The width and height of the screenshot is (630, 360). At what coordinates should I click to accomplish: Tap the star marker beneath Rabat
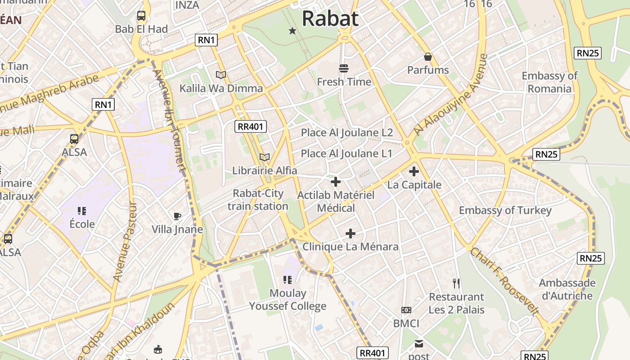[292, 31]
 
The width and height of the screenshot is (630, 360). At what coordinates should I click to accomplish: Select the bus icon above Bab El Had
[141, 16]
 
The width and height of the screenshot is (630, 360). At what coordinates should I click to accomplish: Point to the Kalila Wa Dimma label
[221, 88]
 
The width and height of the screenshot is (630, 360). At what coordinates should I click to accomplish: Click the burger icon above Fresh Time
[344, 68]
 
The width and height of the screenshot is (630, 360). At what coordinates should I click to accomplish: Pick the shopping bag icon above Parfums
[428, 57]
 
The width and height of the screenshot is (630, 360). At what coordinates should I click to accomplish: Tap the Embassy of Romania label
[549, 82]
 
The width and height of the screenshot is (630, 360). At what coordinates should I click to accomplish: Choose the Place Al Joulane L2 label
[347, 133]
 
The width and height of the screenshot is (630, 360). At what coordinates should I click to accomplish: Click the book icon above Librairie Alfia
[265, 157]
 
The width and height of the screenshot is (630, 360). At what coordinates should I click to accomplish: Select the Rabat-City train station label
[258, 200]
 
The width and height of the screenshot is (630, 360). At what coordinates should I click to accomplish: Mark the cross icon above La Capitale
[414, 171]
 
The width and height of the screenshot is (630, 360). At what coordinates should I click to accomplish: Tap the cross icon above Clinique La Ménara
[351, 234]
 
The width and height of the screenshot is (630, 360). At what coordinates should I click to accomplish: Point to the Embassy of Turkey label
[505, 211]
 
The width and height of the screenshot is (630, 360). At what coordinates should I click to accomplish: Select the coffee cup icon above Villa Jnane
[177, 216]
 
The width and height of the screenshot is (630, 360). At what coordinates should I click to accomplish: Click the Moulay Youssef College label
[288, 300]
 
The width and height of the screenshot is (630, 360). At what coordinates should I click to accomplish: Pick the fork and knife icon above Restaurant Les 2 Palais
[456, 283]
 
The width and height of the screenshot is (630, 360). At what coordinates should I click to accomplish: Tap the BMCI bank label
[406, 324]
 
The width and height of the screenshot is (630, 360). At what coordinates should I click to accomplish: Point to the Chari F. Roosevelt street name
[504, 281]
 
